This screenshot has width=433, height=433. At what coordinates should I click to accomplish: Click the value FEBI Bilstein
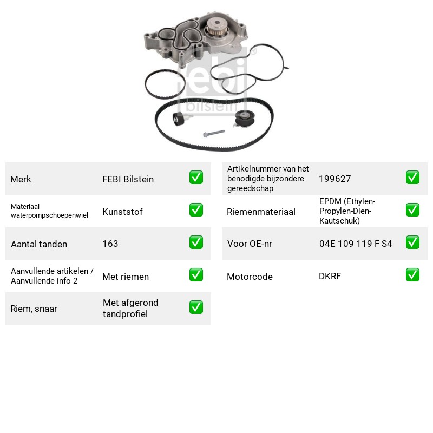pos(128,179)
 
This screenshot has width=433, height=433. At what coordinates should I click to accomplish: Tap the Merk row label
pos(21,179)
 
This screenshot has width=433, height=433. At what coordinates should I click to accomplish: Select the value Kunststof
pos(122,212)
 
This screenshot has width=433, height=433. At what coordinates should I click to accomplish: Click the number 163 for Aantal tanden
pos(110,244)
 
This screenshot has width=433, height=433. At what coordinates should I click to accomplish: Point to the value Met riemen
pos(126,277)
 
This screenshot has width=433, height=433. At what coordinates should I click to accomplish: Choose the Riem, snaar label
pos(34,309)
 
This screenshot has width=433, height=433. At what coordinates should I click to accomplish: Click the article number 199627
pos(335,179)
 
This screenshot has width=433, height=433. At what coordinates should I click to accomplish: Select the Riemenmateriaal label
pos(261,212)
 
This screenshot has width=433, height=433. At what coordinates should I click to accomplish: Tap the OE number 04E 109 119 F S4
pos(356,244)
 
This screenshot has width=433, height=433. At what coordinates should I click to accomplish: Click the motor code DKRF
pos(330,276)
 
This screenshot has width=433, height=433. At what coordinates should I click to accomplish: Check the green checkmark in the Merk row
pos(196,178)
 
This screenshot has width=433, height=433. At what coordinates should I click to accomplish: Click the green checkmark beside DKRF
pos(412,275)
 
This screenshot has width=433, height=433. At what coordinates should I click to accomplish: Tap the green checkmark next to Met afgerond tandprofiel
pos(196,307)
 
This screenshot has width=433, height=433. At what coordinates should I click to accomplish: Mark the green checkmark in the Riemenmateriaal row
pos(412,210)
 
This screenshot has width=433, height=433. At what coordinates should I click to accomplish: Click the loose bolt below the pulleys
pos(214,133)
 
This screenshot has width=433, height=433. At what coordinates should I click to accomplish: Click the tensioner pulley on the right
pos(244,119)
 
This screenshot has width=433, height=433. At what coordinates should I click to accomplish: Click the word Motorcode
pos(250,277)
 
